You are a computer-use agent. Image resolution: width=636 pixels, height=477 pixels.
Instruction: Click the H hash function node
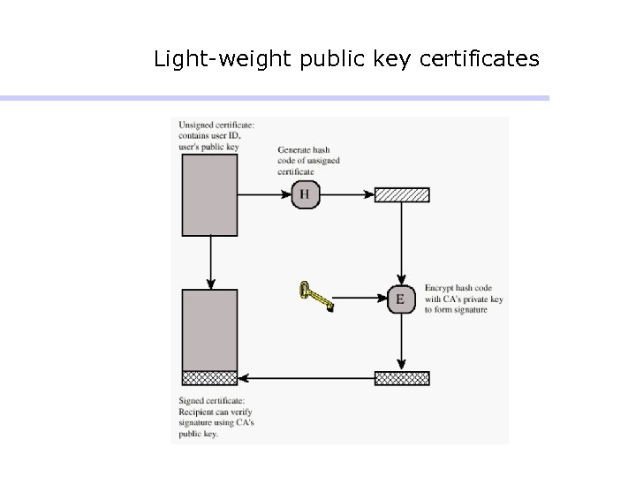pyautogui.click(x=304, y=194)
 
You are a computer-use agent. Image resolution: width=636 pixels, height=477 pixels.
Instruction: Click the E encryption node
pyautogui.click(x=401, y=299)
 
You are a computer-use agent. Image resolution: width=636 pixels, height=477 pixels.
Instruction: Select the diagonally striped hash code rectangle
pyautogui.click(x=402, y=195)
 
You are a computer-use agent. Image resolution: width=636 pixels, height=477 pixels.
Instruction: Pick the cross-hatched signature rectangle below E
pyautogui.click(x=402, y=378)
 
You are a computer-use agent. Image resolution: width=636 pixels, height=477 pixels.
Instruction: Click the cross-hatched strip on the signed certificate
pyautogui.click(x=209, y=378)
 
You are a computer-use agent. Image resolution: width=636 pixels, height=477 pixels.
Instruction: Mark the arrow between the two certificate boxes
pyautogui.click(x=209, y=261)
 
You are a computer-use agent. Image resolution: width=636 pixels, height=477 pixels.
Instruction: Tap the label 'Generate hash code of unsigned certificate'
pyautogui.click(x=308, y=160)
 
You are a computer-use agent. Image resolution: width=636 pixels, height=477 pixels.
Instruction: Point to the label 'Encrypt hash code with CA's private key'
pyautogui.click(x=465, y=299)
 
